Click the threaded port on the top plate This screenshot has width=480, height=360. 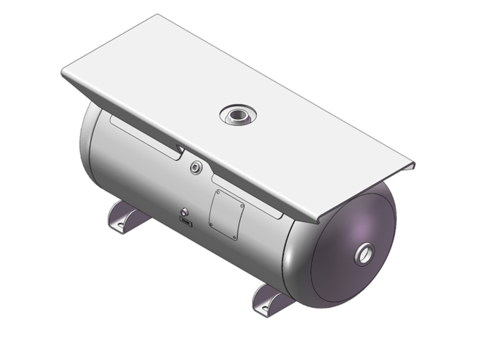[238, 114]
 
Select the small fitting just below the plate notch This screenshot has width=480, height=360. [194, 168]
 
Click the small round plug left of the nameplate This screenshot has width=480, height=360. [183, 212]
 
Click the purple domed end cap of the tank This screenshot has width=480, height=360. [353, 247]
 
